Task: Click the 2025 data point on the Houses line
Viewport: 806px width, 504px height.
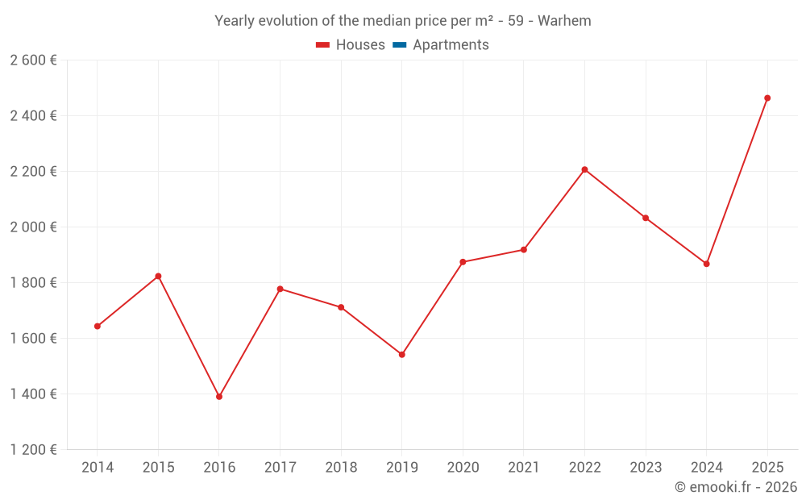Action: tap(767, 98)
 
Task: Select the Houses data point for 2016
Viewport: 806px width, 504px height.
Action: tap(219, 397)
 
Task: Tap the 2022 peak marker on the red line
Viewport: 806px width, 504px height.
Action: tap(584, 169)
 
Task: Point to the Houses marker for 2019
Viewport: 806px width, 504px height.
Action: tap(401, 355)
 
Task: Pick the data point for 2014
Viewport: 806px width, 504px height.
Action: tap(98, 327)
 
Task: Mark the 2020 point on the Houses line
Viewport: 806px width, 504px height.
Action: tap(463, 262)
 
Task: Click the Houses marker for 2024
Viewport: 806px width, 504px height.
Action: tap(707, 264)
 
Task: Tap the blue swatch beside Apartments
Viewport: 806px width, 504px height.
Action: tap(399, 45)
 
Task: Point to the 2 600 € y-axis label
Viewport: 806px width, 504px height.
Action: tap(33, 60)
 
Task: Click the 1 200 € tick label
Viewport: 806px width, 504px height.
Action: tap(33, 450)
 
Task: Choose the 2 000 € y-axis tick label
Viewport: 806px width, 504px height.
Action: tap(33, 227)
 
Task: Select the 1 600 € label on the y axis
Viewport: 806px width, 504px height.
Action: tap(33, 339)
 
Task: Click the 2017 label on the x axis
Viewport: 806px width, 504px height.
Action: tap(280, 468)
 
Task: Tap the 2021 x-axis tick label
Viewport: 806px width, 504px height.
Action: tap(524, 468)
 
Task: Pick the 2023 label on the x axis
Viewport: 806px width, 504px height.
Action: tap(646, 468)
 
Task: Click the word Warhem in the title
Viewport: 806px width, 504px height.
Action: tap(564, 21)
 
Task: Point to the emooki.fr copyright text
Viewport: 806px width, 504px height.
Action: tap(735, 487)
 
